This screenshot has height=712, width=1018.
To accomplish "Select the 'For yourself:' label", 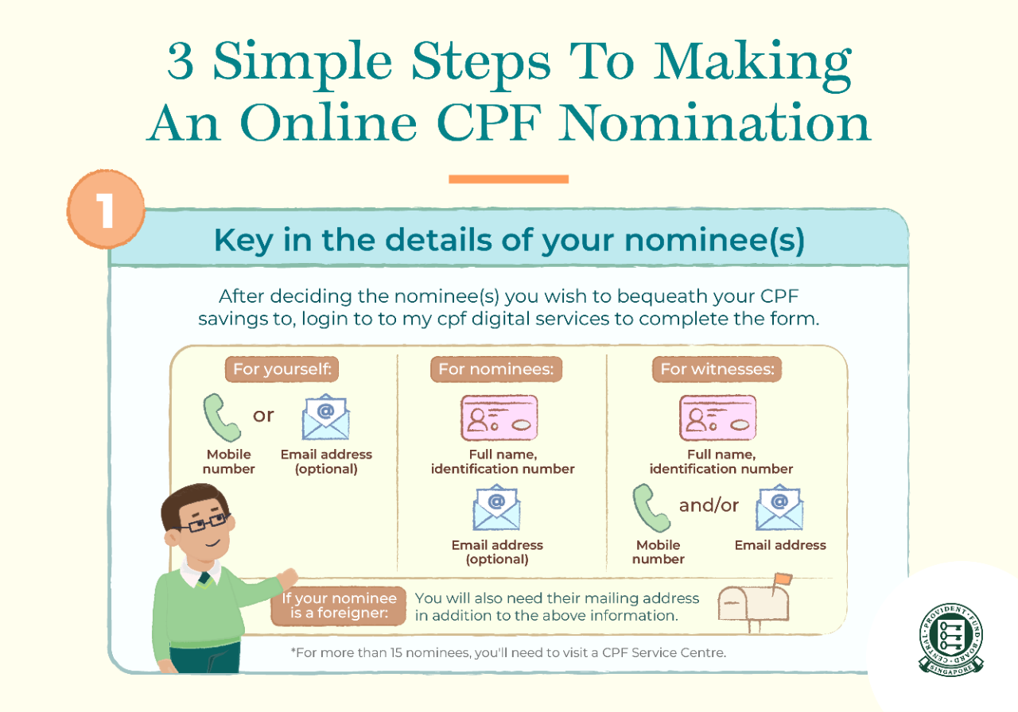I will [282, 370].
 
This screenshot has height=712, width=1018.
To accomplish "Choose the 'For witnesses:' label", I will [717, 370].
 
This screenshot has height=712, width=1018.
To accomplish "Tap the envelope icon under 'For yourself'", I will [325, 418].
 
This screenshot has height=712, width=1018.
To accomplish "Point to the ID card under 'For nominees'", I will [499, 418].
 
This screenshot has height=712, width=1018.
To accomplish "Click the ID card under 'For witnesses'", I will [717, 418].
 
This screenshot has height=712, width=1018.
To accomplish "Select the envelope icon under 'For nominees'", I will [496, 508].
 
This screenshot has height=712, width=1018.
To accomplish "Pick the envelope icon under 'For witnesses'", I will [779, 508].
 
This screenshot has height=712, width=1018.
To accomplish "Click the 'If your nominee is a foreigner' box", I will [339, 607].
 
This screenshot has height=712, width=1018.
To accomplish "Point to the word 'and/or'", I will [709, 505].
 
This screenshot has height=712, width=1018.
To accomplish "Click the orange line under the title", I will [508, 179].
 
